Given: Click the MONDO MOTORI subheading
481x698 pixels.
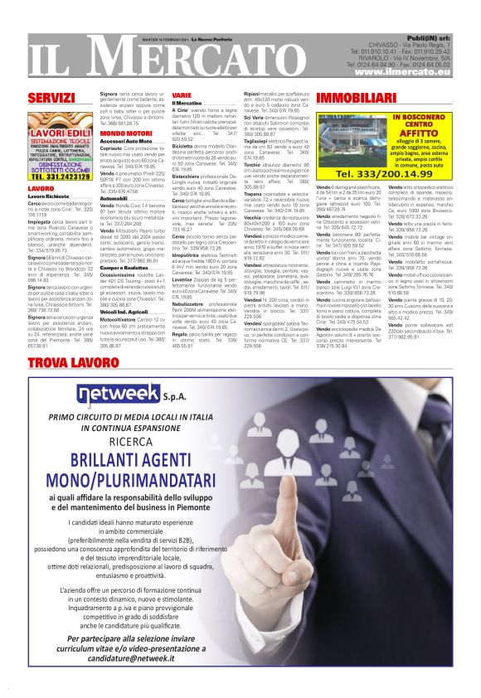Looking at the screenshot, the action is click(126, 133).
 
